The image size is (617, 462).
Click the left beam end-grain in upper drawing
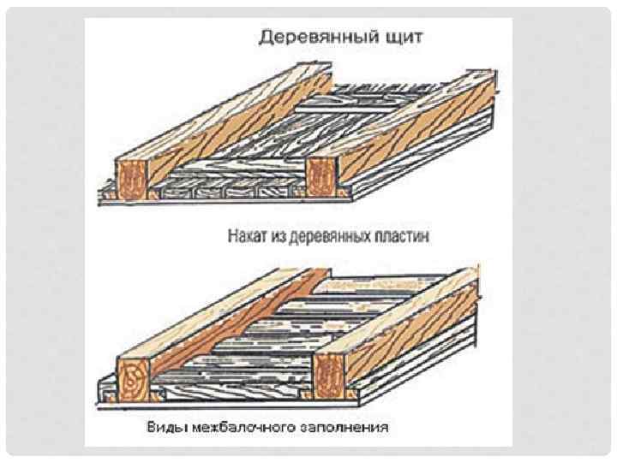tap(133, 179)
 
